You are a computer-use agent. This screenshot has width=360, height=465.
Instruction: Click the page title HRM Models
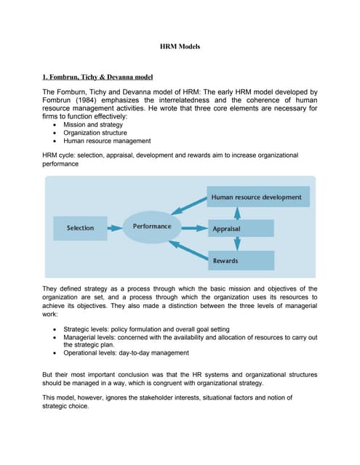pyautogui.click(x=180, y=46)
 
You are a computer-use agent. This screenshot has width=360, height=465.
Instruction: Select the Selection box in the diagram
pyautogui.click(x=81, y=227)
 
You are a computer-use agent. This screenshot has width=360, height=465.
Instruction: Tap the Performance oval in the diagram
pyautogui.click(x=152, y=227)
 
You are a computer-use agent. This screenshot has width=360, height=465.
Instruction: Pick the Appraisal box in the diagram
pyautogui.click(x=240, y=228)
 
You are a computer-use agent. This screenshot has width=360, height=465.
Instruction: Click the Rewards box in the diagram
pyautogui.click(x=240, y=260)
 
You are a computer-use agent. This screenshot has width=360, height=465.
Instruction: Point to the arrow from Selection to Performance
pyautogui.click(x=114, y=227)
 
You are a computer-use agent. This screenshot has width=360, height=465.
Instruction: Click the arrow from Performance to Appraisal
pyautogui.click(x=194, y=228)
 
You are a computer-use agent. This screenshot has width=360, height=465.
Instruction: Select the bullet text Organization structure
pyautogui.click(x=95, y=133)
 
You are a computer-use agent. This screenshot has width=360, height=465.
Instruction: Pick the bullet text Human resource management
pyautogui.click(x=107, y=141)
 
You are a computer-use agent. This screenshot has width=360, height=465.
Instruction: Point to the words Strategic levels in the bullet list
pyautogui.click(x=86, y=329)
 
